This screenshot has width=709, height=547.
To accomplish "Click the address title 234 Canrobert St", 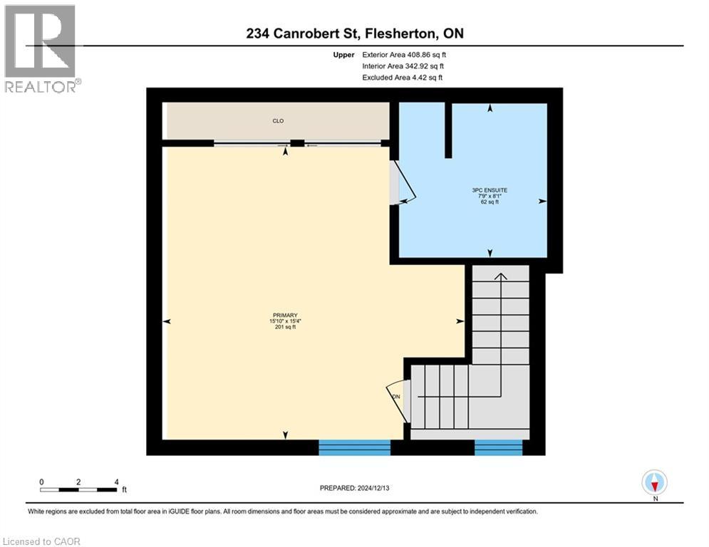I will [x=354, y=33].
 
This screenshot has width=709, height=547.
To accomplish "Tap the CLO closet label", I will [x=278, y=121].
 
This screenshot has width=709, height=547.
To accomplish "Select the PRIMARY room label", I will [x=284, y=315].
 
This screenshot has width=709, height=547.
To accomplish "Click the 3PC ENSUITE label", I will [x=490, y=190].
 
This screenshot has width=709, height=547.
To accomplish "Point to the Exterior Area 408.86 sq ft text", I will [x=404, y=54].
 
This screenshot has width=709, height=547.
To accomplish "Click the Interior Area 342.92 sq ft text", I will [x=403, y=66].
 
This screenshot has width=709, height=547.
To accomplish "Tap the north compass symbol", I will [x=653, y=482].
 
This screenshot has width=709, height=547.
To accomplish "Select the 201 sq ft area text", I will [x=284, y=328].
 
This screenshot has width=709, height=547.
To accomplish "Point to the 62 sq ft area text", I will [x=490, y=202].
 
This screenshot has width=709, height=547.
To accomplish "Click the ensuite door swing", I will [x=403, y=184].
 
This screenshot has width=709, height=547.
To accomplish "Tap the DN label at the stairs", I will [x=396, y=397].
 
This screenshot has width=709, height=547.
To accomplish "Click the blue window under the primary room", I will [x=354, y=447].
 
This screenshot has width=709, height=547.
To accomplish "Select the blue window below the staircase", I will [x=498, y=447].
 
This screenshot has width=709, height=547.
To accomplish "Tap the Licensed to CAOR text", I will [x=42, y=541].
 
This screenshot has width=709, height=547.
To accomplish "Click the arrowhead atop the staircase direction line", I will [x=500, y=276].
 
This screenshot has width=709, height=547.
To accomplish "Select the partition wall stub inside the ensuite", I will [x=448, y=130].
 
